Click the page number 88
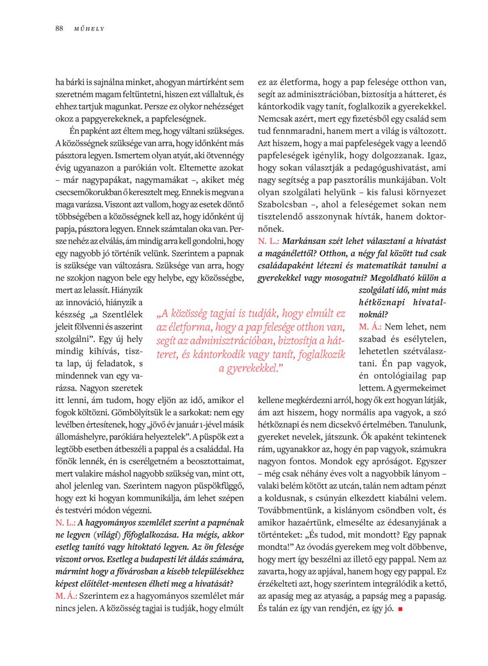click(x=59, y=28)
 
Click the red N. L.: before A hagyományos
click(x=65, y=522)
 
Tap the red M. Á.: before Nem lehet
click(x=369, y=326)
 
